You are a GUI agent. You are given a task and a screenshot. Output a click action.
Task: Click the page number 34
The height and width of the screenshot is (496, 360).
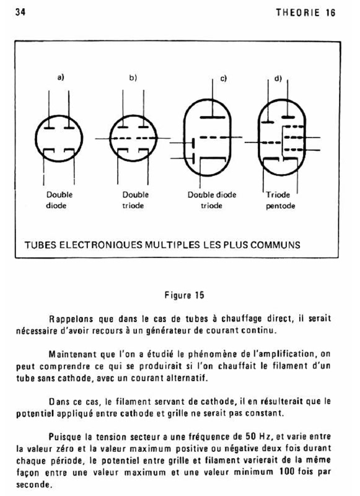20,12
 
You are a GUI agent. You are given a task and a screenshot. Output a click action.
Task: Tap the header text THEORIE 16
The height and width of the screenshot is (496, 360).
305,12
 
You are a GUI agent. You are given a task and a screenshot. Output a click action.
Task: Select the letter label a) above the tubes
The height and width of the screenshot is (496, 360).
61,77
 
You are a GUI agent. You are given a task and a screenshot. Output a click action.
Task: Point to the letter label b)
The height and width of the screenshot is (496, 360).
133,77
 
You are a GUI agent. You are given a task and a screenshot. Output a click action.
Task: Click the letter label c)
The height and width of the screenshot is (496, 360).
224,79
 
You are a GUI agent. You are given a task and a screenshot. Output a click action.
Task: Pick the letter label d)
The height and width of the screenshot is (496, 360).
278,78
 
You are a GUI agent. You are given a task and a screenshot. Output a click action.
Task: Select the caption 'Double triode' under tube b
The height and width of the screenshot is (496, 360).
135,200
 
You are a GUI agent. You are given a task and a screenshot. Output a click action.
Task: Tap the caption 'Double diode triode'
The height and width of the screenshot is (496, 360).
212,200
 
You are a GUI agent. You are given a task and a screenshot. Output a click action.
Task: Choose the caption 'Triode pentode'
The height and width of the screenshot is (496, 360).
280,200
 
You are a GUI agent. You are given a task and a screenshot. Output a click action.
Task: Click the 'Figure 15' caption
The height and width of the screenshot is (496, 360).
184,295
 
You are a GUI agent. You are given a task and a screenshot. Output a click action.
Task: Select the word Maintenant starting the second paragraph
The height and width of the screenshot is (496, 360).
72,354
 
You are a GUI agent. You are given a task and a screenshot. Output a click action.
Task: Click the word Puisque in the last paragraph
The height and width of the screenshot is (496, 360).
65,437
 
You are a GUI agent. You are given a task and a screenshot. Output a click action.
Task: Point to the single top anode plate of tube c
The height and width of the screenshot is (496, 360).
213,117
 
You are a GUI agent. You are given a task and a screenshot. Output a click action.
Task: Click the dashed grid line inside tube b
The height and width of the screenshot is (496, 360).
133,138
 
